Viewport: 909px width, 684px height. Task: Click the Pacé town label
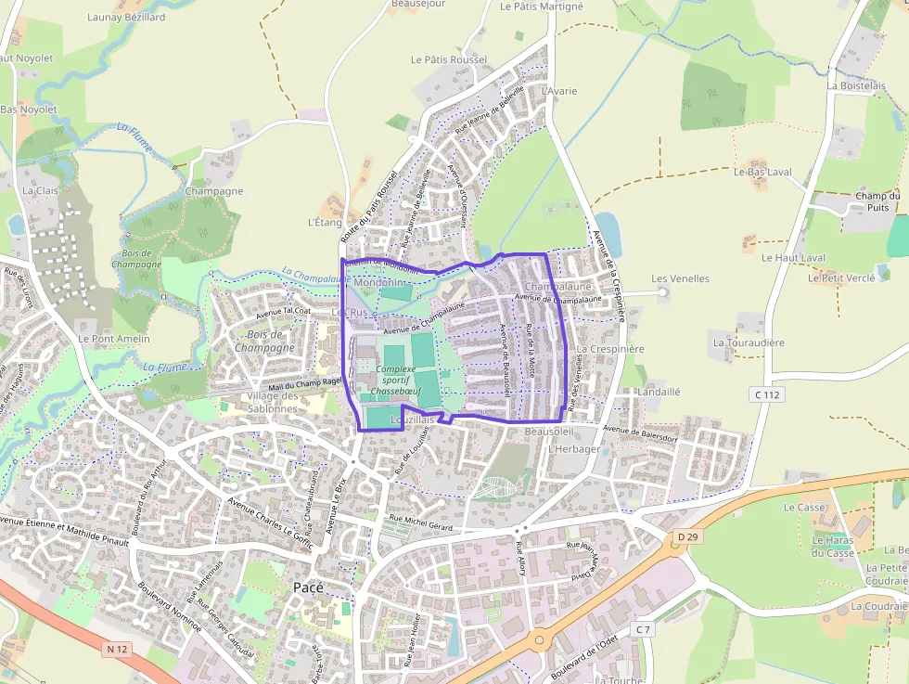coord(308,587)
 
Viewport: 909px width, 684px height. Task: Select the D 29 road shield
coord(686,536)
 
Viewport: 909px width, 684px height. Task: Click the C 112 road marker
coord(768,394)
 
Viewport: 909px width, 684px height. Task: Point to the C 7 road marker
coord(644,629)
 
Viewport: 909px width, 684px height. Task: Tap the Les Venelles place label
coord(680,278)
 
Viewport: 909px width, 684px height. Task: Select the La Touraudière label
coord(749,342)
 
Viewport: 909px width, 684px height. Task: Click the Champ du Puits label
coord(877,201)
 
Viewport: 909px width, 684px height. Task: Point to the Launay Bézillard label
coord(126,17)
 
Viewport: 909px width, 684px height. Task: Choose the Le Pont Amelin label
coord(114,339)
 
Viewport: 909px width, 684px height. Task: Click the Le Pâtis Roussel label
coord(449,59)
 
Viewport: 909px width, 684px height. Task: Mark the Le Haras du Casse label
coord(833,547)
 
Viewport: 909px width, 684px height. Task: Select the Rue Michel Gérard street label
coord(420,523)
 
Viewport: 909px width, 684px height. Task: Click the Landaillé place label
coord(659,392)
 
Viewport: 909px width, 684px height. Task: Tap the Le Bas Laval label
coord(762,172)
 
